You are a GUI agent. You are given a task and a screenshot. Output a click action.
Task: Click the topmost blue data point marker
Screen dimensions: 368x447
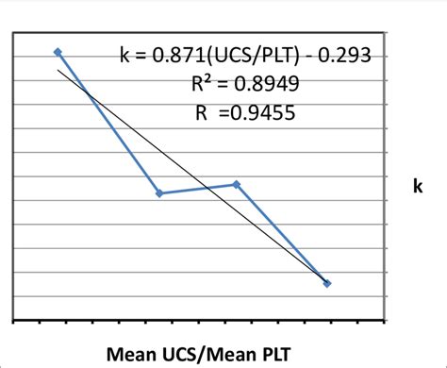pyautogui.click(x=58, y=52)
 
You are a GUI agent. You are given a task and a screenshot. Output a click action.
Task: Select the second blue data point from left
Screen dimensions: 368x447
pyautogui.click(x=159, y=193)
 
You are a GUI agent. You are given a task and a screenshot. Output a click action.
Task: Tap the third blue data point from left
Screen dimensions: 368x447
pyautogui.click(x=237, y=184)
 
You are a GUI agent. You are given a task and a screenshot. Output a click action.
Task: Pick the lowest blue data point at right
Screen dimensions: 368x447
pyautogui.click(x=327, y=283)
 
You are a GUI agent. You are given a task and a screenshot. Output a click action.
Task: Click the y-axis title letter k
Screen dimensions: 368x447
pyautogui.click(x=416, y=187)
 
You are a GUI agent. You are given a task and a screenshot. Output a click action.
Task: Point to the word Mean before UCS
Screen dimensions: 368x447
pyautogui.click(x=131, y=354)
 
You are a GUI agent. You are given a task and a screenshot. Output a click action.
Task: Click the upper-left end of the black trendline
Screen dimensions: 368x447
pyautogui.click(x=59, y=69)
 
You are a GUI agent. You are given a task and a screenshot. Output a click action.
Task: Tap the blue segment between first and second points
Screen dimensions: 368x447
pyautogui.click(x=108, y=123)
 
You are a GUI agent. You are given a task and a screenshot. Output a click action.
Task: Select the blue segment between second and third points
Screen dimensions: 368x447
pyautogui.click(x=198, y=189)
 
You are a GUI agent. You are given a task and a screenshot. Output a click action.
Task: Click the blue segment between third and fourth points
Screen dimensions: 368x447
pyautogui.click(x=282, y=234)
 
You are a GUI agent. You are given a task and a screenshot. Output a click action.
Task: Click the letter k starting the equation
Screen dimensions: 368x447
pyautogui.click(x=125, y=56)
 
